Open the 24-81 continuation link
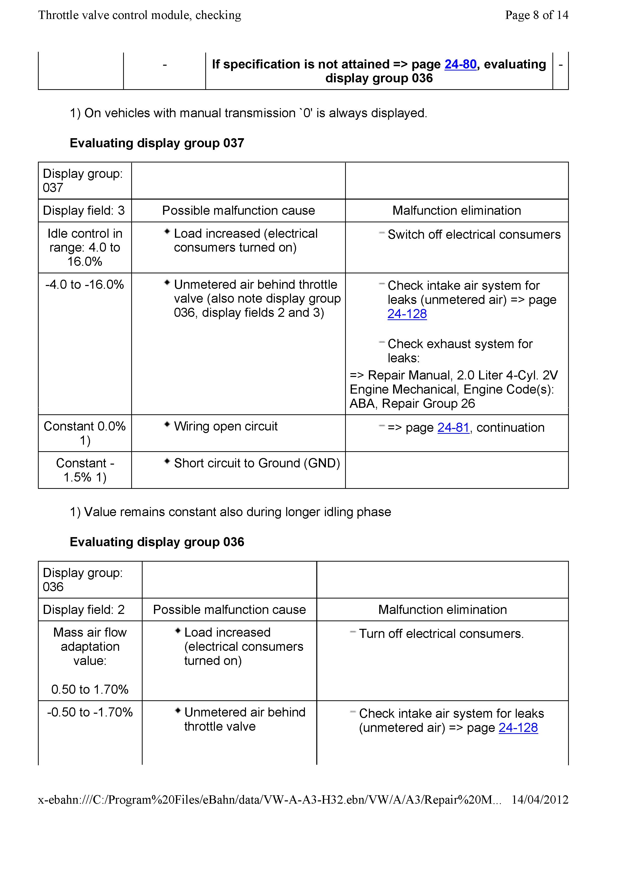point(453,427)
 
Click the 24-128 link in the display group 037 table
point(407,314)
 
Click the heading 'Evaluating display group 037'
point(157,143)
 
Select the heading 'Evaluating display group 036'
point(157,542)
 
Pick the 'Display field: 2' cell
point(84,609)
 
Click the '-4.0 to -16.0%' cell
point(84,285)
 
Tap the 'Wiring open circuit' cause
point(226,426)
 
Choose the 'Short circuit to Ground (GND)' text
point(257,463)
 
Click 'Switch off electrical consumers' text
point(474,235)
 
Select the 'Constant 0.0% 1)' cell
point(84,433)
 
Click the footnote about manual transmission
point(248,113)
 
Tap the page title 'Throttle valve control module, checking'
point(140,15)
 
